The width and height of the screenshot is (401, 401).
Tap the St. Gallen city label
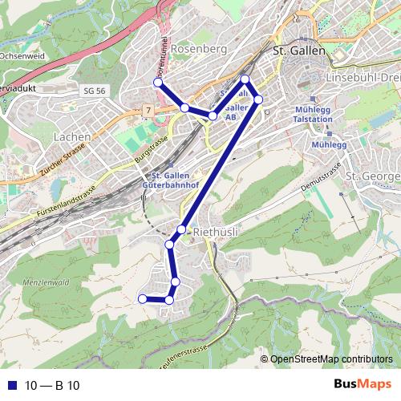300,50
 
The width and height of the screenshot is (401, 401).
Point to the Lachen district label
71,137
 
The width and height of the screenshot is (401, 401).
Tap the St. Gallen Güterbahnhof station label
172,180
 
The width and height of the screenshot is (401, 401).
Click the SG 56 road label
94,91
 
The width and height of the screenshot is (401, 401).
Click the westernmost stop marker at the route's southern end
143,299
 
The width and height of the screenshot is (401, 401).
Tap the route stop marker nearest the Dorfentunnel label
158,83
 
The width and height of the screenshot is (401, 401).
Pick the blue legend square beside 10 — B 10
12,385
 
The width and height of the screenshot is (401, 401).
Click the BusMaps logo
364,384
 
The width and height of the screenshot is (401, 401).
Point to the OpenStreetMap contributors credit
336,358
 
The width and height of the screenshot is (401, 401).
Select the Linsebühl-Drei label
363,78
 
